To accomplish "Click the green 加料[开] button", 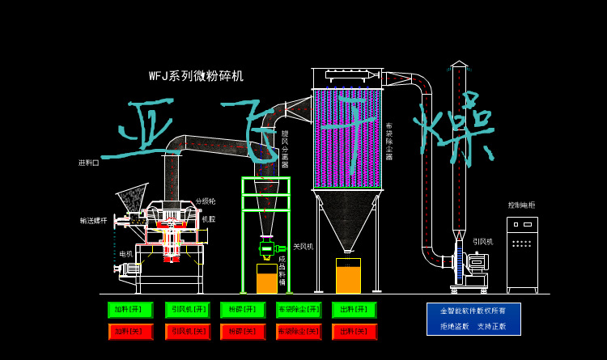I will pos(130,310).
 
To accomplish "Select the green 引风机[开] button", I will pos(188,310).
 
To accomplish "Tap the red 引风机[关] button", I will pos(188,331).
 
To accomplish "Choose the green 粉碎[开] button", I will pos(243,310).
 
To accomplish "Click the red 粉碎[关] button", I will pos(243,331).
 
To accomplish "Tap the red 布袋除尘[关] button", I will pos(299,331).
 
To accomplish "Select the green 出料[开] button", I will pos(354,310).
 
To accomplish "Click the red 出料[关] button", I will pos(354,331).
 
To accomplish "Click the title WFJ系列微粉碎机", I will pos(196,76).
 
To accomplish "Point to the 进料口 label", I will pos(89,163).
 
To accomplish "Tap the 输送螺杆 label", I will pos(93,220).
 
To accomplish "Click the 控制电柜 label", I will pos(521,205).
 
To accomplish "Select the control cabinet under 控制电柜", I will pos(522,252).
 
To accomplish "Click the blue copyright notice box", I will pos(473,319).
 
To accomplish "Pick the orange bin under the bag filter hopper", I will pos(348,276).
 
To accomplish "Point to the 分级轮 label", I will pos(206,201).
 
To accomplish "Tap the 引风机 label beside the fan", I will pos(483,241).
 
